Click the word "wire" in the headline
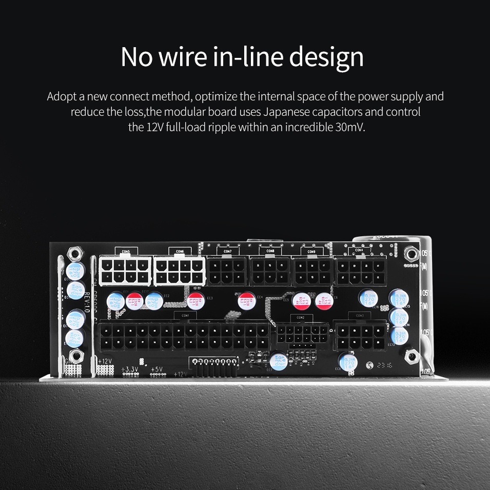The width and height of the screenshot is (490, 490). pos(182,57)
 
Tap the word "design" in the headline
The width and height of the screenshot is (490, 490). pos(326,57)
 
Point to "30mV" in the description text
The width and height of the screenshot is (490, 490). pos(349,127)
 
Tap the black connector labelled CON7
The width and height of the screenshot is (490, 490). pos(227,270)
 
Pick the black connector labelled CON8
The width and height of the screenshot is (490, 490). pos(270,270)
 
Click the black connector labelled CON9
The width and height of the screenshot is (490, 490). pos(312,270)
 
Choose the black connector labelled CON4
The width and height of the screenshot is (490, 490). pos(361,271)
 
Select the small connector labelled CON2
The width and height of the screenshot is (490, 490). pos(302,334)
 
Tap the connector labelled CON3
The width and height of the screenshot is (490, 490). pos(360,336)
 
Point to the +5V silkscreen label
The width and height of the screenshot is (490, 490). pos(157,369)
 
